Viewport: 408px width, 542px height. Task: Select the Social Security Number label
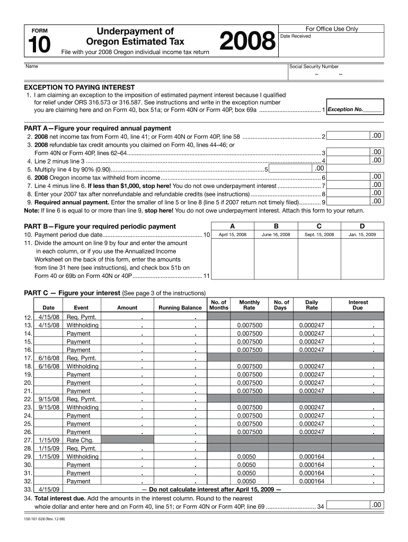pos(314,67)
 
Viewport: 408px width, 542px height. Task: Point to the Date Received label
pos(295,36)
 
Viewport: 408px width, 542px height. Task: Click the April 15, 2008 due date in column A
pos(233,234)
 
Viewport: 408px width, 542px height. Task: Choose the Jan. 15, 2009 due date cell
pos(362,234)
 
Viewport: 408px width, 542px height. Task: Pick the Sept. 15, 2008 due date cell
pos(319,234)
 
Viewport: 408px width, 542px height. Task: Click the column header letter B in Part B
pos(276,225)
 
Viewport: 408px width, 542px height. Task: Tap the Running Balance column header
pos(180,308)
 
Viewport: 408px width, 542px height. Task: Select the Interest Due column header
pos(358,305)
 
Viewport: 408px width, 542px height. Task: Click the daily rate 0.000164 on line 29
pos(312,456)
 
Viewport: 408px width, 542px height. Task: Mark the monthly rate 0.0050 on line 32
pos(246,481)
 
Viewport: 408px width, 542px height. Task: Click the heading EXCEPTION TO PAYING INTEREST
pos(79,87)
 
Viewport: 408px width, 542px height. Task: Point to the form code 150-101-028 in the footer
pos(45,526)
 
